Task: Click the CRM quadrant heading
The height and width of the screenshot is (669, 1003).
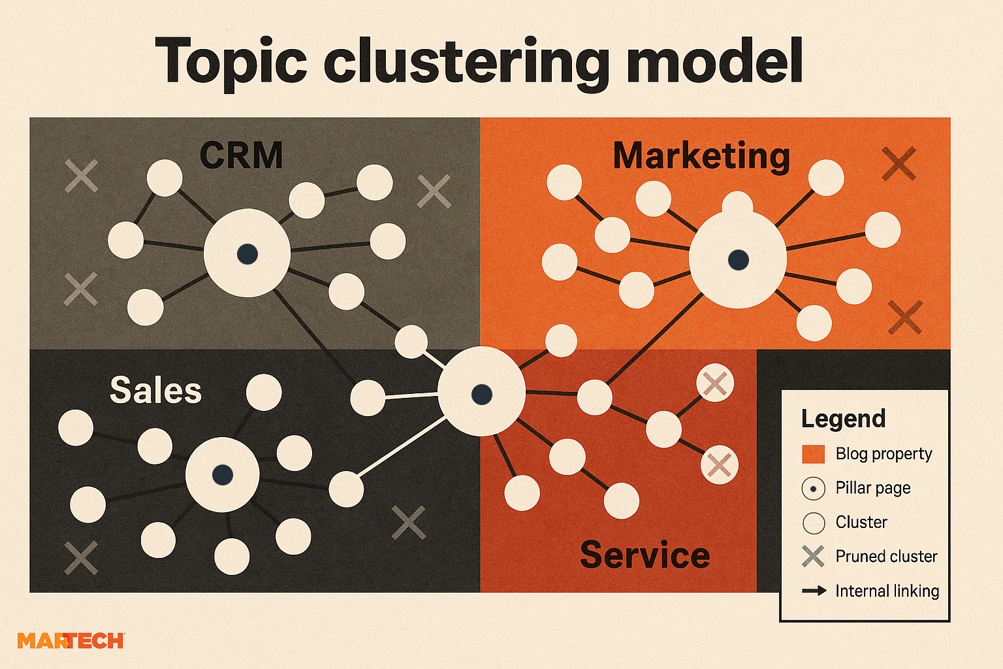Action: click(x=241, y=155)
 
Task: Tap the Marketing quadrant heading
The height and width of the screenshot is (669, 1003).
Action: click(x=701, y=156)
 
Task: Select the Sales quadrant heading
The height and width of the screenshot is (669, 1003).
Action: click(x=155, y=390)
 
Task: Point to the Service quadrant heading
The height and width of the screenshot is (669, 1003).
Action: click(x=645, y=555)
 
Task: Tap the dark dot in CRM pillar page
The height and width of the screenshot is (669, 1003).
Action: click(x=247, y=253)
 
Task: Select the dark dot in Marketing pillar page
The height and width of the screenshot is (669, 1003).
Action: click(x=738, y=259)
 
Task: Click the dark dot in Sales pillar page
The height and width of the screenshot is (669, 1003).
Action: click(x=222, y=475)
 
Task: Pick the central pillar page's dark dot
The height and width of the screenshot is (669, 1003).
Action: click(x=481, y=393)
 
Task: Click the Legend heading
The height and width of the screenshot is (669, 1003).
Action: click(x=843, y=419)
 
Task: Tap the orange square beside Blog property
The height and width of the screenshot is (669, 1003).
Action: click(x=813, y=454)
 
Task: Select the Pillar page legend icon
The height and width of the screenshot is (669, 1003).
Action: click(x=813, y=489)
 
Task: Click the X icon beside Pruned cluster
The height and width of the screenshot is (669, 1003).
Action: click(x=813, y=557)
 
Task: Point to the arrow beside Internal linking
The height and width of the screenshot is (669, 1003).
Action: click(x=814, y=591)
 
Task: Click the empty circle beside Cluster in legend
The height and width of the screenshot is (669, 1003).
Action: click(x=813, y=523)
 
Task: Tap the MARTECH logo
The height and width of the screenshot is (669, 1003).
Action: click(x=71, y=641)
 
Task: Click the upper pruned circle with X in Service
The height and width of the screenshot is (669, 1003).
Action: click(x=715, y=383)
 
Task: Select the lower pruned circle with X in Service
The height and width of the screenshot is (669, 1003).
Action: click(x=719, y=465)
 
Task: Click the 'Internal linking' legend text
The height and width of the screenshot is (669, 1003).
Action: click(x=887, y=591)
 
